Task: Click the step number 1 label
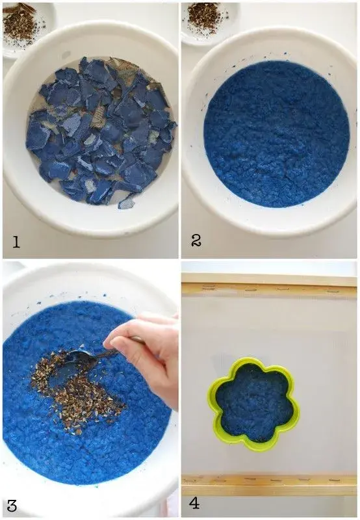point(16,242)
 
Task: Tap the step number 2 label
point(196,240)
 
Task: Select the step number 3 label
point(12,506)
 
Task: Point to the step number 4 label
point(194,503)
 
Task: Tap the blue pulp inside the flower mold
point(253,403)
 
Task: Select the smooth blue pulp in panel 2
point(277,135)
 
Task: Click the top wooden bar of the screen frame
point(269,288)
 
